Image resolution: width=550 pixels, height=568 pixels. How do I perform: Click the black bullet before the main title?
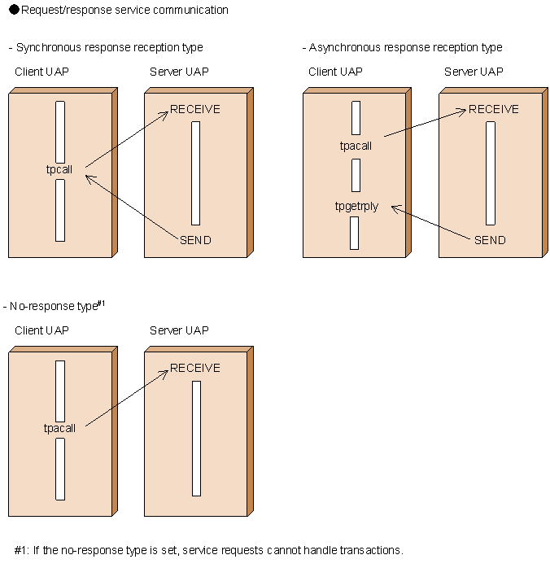[x=14, y=11]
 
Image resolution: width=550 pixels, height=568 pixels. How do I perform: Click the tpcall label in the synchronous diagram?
[x=59, y=170]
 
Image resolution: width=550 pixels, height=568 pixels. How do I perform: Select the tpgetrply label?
[x=356, y=206]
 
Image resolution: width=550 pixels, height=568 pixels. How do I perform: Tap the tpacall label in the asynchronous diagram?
[x=356, y=146]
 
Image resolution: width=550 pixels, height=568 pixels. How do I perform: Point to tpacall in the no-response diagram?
[x=59, y=428]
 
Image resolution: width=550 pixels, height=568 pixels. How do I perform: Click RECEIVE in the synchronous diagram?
[x=195, y=110]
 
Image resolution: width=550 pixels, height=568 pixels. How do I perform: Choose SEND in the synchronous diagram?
[x=195, y=240]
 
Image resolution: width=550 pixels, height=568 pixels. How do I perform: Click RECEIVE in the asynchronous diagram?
[x=494, y=110]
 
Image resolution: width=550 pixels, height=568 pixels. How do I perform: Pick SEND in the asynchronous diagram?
[x=490, y=240]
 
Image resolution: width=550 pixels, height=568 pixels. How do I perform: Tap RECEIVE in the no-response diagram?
[x=195, y=369]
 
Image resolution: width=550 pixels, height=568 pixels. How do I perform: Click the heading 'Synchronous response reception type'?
[x=109, y=48]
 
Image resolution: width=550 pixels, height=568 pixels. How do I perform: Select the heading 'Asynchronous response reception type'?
[x=405, y=48]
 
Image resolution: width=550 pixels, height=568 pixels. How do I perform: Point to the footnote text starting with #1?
[x=208, y=550]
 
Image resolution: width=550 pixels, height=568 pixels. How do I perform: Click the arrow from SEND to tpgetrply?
[x=431, y=222]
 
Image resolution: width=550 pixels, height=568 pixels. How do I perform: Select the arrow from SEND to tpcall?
[x=134, y=205]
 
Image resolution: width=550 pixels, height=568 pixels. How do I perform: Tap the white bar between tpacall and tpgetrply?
[x=356, y=175]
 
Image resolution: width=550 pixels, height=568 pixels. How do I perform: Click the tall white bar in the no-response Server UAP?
[x=196, y=438]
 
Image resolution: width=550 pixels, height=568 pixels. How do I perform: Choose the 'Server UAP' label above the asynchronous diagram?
[x=474, y=72]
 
